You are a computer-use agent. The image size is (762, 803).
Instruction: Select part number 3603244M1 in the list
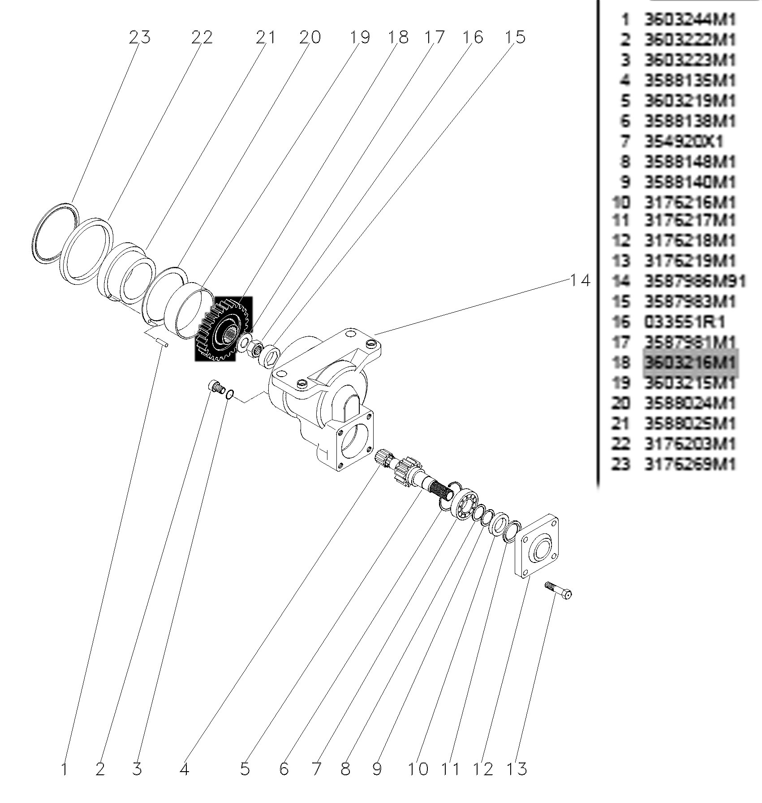click(x=690, y=20)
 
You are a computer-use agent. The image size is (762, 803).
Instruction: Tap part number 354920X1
click(x=684, y=142)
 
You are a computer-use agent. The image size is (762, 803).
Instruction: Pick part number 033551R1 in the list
click(x=685, y=322)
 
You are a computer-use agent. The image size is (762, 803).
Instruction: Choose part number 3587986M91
click(x=695, y=281)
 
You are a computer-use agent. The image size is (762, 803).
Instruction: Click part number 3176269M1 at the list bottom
click(x=690, y=464)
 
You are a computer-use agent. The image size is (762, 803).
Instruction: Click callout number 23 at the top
click(x=139, y=37)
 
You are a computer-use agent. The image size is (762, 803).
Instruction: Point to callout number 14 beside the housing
click(x=580, y=281)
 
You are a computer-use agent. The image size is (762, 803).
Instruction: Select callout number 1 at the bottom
click(x=65, y=769)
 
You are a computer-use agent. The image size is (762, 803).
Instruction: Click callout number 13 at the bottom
click(x=517, y=769)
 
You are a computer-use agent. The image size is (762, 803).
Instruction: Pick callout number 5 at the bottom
click(x=245, y=769)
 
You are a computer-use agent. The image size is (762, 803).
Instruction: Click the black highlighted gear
click(x=223, y=329)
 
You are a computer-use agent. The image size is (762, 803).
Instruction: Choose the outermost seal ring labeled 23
click(x=56, y=233)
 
